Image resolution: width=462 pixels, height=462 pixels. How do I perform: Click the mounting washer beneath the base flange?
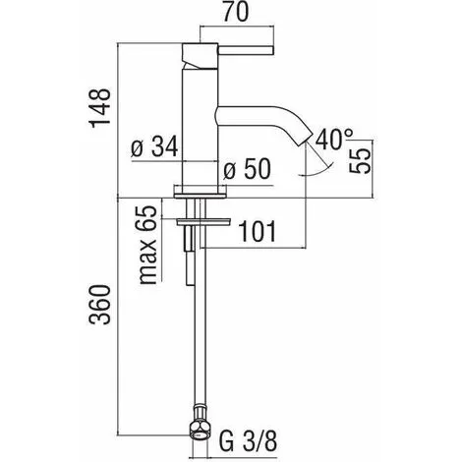click(x=199, y=221)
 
